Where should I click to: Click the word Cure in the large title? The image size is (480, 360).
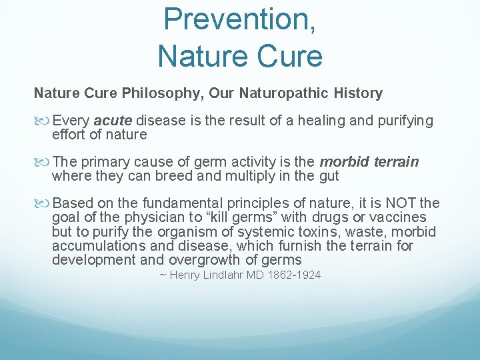(289, 55)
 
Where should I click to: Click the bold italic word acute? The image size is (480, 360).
(114, 121)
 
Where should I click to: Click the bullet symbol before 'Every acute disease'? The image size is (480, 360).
(42, 121)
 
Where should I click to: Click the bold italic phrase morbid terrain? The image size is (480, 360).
(369, 162)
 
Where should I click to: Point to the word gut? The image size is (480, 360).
(329, 176)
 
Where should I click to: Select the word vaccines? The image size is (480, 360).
(402, 218)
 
